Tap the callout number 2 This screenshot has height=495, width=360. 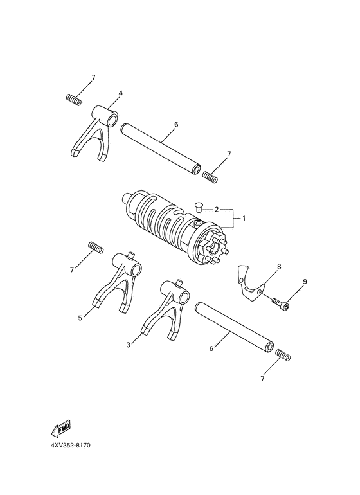217,210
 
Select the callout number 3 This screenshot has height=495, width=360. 129,345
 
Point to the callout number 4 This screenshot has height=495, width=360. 120,93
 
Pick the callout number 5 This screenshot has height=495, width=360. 80,317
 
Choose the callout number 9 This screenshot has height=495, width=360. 305,282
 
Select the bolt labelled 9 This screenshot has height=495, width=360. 280,303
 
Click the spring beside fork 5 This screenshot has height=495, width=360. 95,247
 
